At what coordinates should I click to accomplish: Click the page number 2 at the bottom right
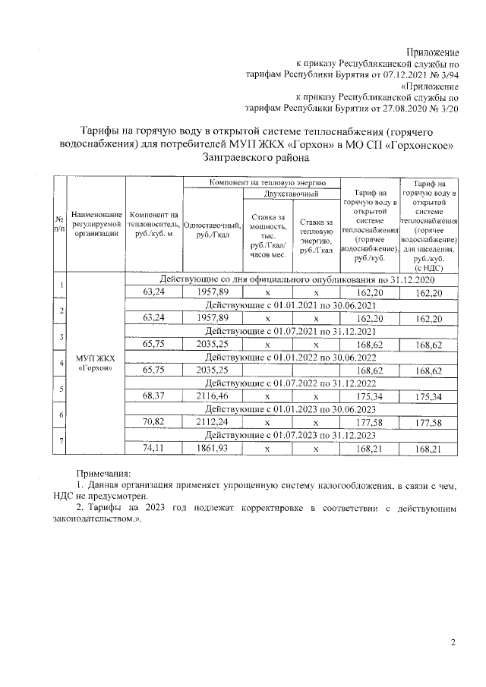(x=453, y=643)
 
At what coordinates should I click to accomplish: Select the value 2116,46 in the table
(x=213, y=396)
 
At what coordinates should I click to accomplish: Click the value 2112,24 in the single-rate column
(x=213, y=422)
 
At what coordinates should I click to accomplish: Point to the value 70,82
(x=154, y=422)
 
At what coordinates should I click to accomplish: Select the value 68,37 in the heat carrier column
(x=154, y=396)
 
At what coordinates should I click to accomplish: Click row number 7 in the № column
(x=59, y=442)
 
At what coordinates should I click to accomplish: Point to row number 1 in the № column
(x=59, y=286)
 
